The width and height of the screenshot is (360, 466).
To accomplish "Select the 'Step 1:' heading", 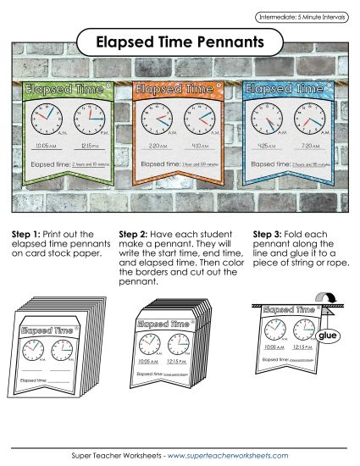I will [x=28, y=234].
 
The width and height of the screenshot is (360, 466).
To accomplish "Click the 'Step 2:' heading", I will [x=136, y=234].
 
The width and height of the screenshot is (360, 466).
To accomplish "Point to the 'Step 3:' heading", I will [x=271, y=234].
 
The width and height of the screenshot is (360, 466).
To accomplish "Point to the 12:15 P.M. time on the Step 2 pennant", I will [x=189, y=362].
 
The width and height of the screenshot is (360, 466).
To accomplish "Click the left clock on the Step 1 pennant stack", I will [x=34, y=349].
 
